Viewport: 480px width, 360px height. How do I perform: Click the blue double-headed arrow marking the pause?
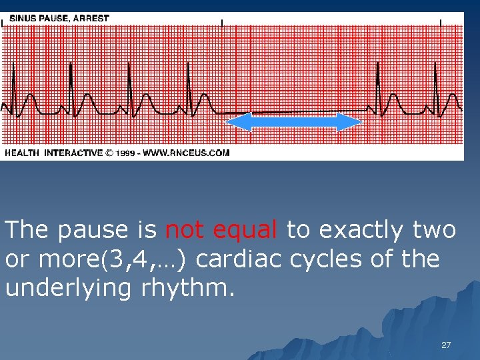coord(293,122)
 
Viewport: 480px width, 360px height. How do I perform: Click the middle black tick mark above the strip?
coord(222,22)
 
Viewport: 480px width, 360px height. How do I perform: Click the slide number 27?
coord(446,345)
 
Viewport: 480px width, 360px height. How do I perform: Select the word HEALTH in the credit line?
coord(22,153)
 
